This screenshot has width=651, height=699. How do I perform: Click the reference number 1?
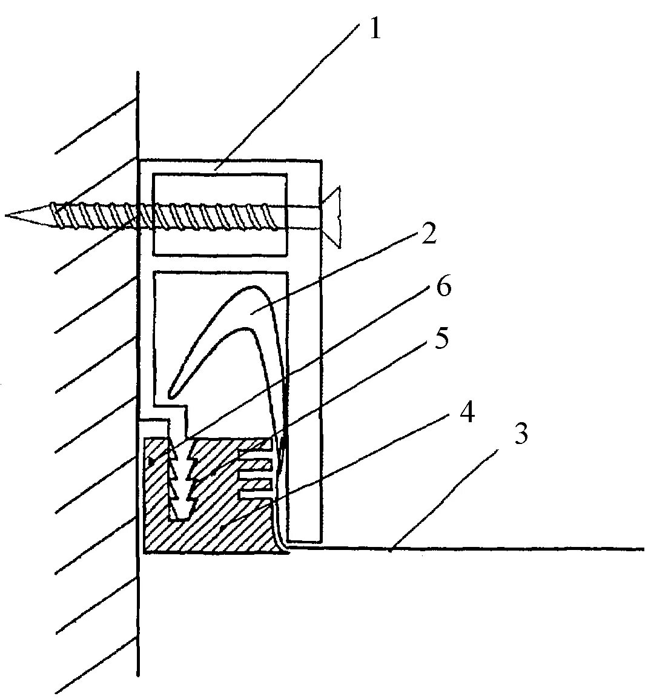pos(375,28)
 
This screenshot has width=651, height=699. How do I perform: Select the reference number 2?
pos(428,234)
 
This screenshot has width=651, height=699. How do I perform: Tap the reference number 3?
pos(521,434)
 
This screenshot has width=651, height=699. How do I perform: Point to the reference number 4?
pos(466,414)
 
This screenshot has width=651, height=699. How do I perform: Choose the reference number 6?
pos(443,287)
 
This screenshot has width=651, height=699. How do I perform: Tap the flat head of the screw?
pos(335,217)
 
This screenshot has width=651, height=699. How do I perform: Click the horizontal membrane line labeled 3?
pos(484,549)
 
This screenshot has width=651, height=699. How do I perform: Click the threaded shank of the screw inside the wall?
pos(91,216)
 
